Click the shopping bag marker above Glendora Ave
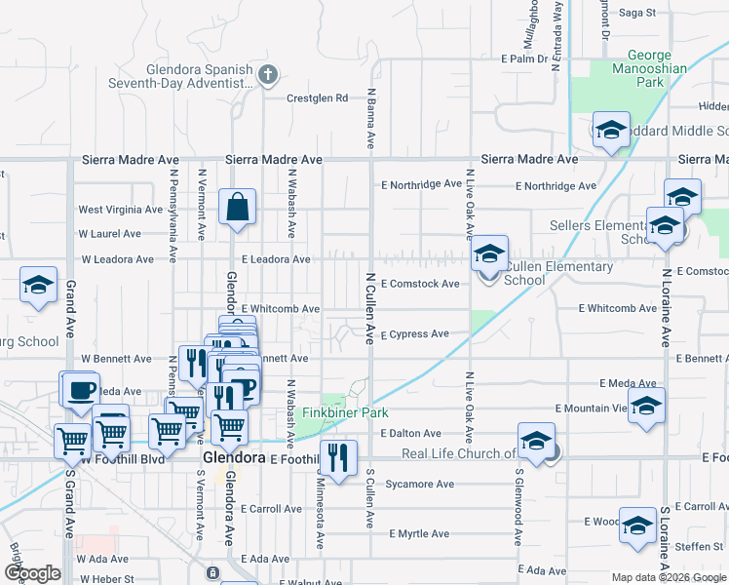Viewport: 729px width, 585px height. click(237, 208)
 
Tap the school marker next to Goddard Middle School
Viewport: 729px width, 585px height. click(610, 131)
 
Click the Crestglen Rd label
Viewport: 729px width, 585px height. click(317, 97)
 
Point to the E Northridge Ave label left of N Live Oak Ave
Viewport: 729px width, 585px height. click(421, 184)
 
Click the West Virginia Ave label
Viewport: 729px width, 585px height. click(120, 210)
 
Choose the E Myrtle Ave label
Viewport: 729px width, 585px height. click(419, 534)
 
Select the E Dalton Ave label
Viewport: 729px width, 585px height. click(411, 433)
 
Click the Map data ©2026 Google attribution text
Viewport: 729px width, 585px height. click(668, 577)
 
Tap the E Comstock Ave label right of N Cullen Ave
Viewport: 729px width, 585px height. click(420, 284)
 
